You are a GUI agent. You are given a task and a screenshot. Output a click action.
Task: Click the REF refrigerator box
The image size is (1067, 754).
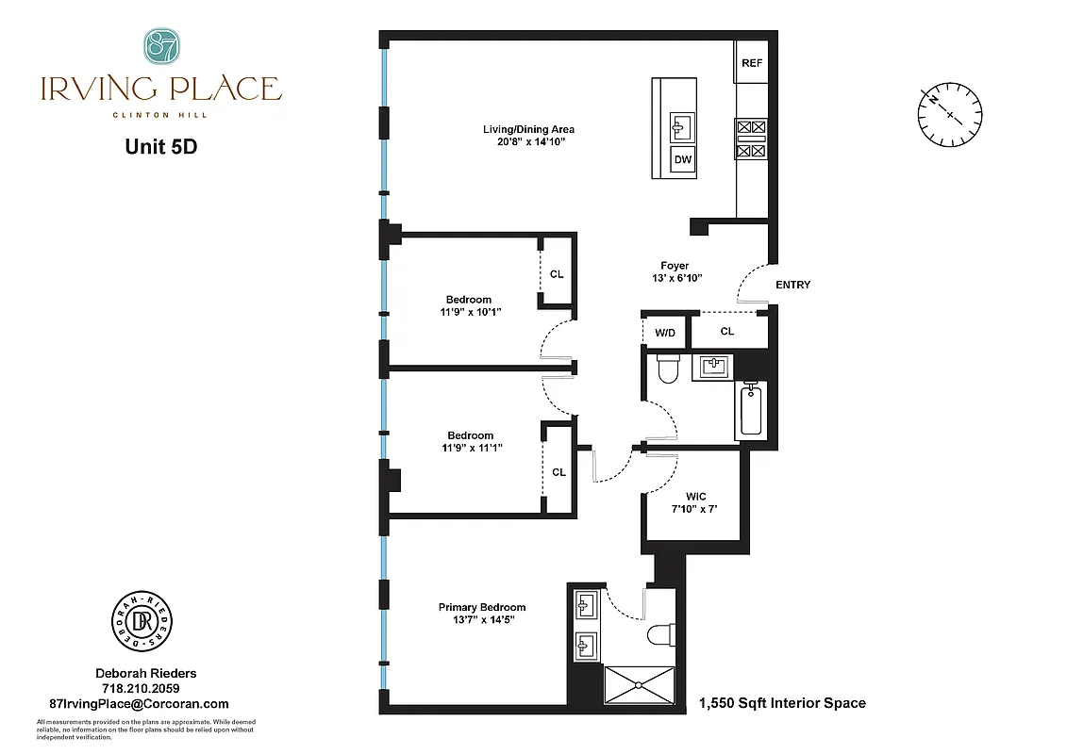point(752,63)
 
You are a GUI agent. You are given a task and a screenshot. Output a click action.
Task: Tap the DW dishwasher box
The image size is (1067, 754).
point(683,160)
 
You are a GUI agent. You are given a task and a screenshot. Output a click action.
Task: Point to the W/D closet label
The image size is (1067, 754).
point(665,332)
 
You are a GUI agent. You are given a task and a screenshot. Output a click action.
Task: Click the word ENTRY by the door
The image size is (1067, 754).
point(792,285)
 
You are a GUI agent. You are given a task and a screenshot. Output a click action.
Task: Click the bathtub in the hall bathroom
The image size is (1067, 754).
point(751,409)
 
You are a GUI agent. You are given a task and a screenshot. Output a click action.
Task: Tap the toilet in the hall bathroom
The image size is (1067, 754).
point(667,369)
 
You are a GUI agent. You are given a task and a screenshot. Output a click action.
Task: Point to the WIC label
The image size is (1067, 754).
point(696,497)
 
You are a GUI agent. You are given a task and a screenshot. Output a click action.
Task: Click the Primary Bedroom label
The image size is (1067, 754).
point(482,607)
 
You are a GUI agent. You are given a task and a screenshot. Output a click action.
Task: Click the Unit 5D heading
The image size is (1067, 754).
point(160,147)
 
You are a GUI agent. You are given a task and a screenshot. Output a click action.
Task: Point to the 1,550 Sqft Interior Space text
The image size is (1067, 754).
point(782,703)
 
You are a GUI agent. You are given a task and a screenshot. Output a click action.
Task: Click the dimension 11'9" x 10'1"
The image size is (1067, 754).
point(470,312)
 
